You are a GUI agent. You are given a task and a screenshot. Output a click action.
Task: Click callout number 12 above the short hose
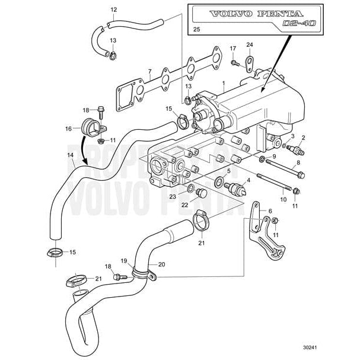114,10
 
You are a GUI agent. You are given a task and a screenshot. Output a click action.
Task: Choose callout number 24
250,44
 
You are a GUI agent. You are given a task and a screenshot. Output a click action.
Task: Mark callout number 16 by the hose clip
68,128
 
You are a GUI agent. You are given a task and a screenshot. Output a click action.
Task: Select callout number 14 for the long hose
70,155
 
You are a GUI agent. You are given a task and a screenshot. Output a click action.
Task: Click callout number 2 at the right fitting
303,138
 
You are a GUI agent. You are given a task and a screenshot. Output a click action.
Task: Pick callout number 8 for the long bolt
298,162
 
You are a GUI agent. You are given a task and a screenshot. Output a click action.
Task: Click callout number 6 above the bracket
270,211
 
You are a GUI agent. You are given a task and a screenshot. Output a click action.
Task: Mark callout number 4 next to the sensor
247,180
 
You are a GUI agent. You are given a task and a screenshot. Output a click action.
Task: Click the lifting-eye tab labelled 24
250,62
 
